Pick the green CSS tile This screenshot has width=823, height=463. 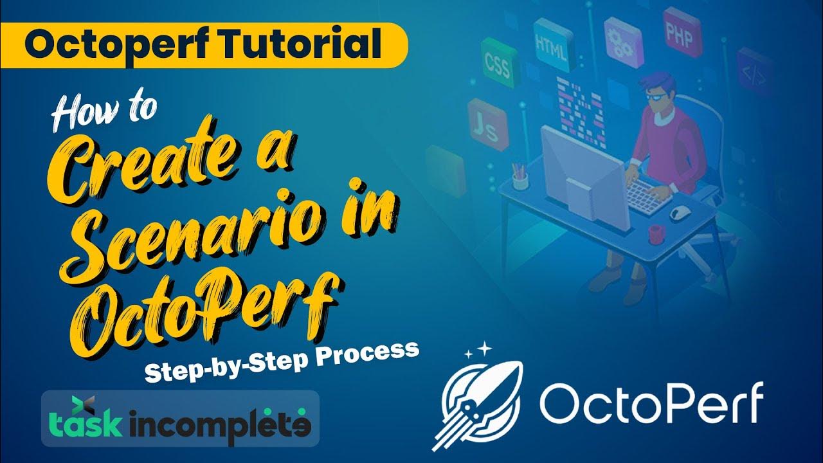[496, 62]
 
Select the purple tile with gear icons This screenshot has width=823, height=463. [621, 41]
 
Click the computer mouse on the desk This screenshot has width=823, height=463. [681, 213]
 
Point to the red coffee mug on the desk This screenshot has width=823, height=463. [656, 233]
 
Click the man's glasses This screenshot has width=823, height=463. [655, 96]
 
